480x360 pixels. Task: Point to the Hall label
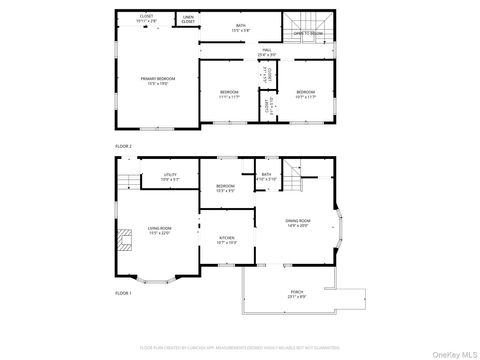tap(268, 51)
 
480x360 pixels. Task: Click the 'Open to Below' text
tap(307, 33)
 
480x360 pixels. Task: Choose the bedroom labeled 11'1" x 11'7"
tap(228, 95)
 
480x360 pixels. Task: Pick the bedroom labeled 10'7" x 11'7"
tap(304, 95)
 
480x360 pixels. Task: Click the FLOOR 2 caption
tap(123, 146)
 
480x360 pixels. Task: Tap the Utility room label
tap(171, 177)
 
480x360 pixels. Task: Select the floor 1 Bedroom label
tap(225, 188)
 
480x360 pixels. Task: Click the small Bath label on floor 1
tap(266, 177)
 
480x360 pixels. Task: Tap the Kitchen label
tap(226, 241)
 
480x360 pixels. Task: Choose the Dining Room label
tap(299, 223)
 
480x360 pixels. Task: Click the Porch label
tap(297, 295)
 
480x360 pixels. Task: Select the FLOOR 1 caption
tap(123, 293)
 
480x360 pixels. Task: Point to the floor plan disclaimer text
tap(240, 346)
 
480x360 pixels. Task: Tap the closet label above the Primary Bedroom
tap(147, 19)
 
